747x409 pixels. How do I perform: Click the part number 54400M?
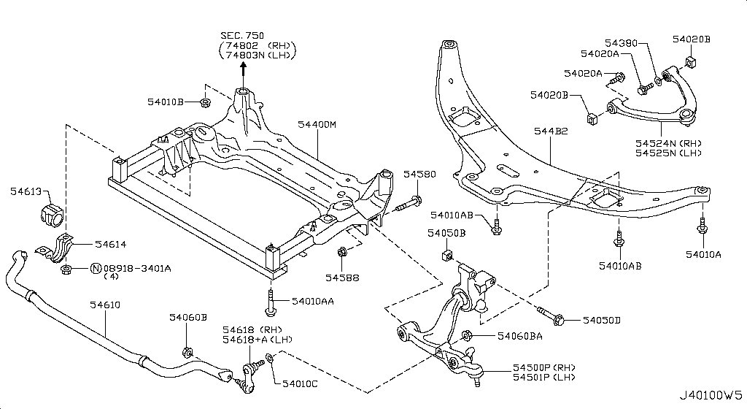pos(317,125)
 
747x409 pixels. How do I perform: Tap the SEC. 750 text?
pos(244,36)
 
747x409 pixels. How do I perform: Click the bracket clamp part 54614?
pos(58,249)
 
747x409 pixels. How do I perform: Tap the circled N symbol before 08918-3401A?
pos(95,269)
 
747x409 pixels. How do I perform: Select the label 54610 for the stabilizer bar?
pos(104,305)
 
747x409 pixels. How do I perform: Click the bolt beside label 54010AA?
pos(271,302)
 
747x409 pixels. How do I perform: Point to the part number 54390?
pos(622,42)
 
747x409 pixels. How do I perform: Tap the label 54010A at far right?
pos(703,254)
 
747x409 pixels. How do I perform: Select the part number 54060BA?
pos(519,337)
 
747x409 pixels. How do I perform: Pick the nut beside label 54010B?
pos(206,102)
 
